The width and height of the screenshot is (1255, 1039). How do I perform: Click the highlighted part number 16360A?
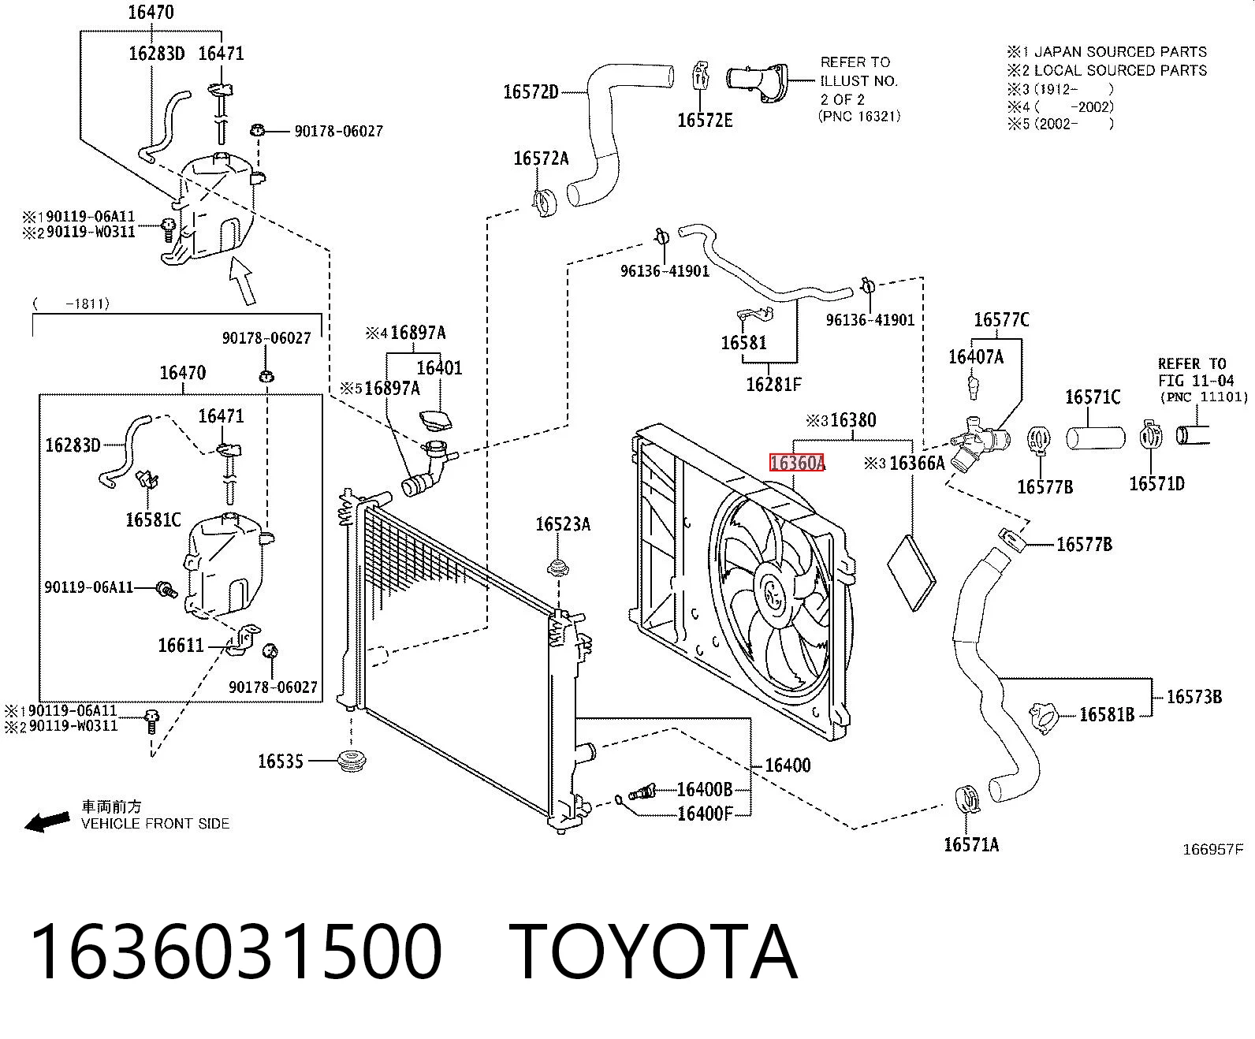click(x=797, y=463)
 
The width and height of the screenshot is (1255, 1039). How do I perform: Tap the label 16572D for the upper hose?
click(x=531, y=92)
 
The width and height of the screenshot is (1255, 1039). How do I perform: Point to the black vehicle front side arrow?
click(x=47, y=821)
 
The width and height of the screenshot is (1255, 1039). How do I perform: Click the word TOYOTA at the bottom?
click(x=653, y=952)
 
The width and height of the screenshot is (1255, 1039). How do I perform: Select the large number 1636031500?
click(x=236, y=952)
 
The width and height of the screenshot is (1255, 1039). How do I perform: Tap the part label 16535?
click(x=281, y=762)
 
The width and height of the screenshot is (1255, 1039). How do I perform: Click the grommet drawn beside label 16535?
click(x=352, y=761)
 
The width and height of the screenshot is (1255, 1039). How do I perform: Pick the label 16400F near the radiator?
click(x=705, y=814)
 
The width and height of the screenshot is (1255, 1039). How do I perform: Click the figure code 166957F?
click(x=1212, y=849)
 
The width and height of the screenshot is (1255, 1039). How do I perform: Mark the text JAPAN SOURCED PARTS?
click(x=1120, y=52)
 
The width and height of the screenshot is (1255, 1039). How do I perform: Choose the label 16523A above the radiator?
click(x=563, y=524)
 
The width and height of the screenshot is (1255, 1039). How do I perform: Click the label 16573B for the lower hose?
click(x=1194, y=697)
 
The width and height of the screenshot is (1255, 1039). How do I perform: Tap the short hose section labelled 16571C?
click(x=1096, y=438)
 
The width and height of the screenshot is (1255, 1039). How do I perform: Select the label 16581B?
click(x=1107, y=714)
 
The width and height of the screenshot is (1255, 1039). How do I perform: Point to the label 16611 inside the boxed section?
click(x=181, y=645)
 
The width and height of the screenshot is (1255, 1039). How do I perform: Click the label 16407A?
click(x=975, y=357)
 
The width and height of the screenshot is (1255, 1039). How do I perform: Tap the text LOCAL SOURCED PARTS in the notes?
click(x=1120, y=70)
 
